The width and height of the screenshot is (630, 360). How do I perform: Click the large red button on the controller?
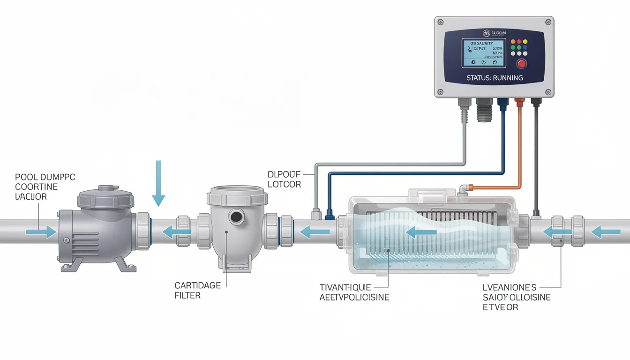[x=521, y=64]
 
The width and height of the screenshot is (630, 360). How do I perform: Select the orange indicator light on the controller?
[x=513, y=41]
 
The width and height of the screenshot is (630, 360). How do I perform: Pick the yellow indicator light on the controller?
[x=525, y=41]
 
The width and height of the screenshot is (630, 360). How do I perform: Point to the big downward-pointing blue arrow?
[x=158, y=183]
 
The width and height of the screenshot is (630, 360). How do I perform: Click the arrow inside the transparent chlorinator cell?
[x=418, y=231]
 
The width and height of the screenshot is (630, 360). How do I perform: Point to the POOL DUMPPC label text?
[x=45, y=177]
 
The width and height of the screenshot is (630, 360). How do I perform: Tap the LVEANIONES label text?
[x=510, y=287]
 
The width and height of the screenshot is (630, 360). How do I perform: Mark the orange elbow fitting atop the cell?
[x=465, y=188]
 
